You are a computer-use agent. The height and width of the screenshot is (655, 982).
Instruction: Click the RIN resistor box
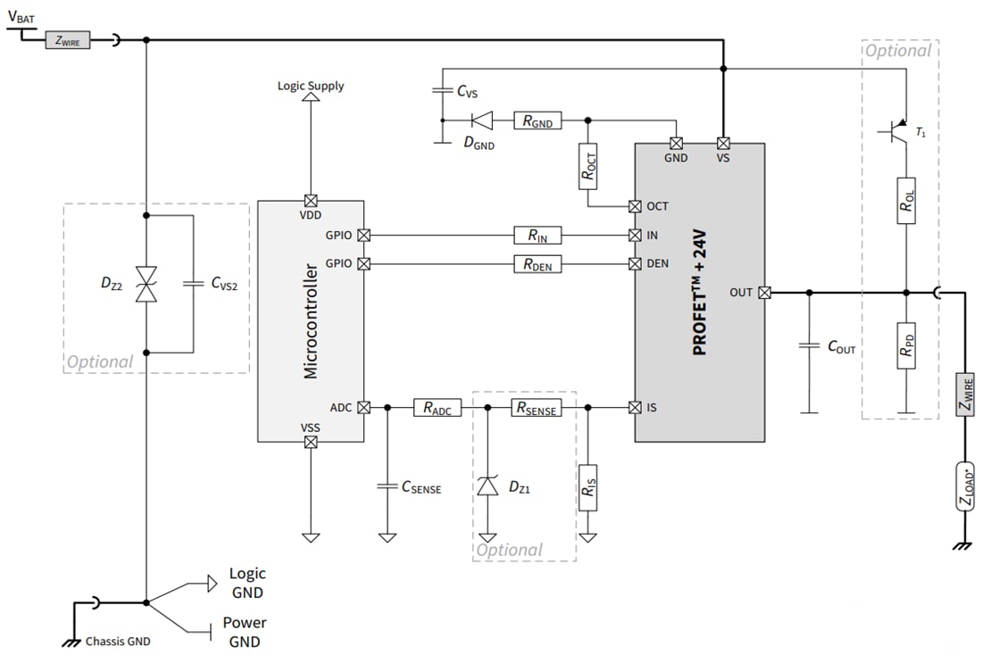[537, 236]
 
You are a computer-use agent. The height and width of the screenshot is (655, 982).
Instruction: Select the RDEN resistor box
[537, 264]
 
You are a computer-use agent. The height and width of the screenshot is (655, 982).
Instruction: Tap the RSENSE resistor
[537, 408]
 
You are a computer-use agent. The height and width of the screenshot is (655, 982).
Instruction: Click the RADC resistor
[437, 408]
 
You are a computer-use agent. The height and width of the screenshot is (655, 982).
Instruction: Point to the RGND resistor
[537, 120]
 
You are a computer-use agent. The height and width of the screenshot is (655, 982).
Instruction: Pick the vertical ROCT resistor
[588, 167]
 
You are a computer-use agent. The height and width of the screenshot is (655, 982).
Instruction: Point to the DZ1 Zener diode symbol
[487, 486]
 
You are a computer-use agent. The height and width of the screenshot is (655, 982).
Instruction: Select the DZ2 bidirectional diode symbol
[146, 284]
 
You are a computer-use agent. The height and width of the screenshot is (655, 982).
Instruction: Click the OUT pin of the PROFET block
[765, 293]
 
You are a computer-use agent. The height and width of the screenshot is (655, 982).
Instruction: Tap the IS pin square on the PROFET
[635, 408]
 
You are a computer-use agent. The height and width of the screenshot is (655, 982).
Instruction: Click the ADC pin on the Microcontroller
[364, 408]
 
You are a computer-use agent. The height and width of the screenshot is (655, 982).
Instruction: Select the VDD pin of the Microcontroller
[311, 201]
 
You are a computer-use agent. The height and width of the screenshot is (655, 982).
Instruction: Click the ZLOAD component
[965, 487]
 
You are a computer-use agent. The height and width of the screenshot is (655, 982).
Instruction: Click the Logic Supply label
[311, 86]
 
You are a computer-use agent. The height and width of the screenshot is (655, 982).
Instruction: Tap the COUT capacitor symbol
[809, 346]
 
